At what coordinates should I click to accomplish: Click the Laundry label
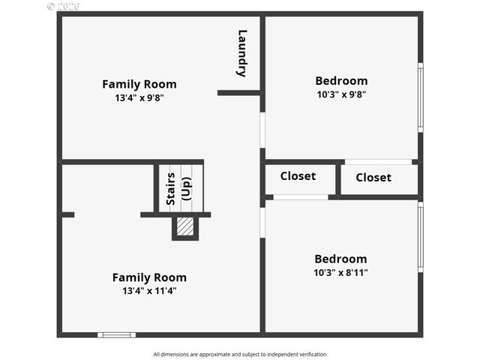coord(241,52)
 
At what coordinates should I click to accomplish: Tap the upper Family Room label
coord(139,84)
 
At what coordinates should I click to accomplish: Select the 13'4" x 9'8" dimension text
coord(139,97)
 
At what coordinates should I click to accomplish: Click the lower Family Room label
coord(149,277)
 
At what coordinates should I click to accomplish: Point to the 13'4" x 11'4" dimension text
coord(149,291)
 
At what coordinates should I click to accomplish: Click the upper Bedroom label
coord(341,81)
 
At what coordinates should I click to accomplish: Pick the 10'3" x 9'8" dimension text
coord(341,94)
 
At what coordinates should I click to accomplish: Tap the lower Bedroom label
coord(340,259)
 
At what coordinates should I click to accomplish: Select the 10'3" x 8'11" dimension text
coord(340,272)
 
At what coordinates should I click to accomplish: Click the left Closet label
coord(298,176)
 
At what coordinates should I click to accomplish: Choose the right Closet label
coord(373,178)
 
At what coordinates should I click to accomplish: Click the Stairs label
coord(171,188)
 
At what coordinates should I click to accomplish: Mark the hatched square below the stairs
coord(184,226)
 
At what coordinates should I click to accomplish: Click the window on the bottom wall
coord(116,334)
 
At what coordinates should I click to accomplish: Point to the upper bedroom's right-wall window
coord(420,97)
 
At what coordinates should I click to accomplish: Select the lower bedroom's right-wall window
coord(420,236)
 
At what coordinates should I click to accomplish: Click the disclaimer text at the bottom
coord(240,354)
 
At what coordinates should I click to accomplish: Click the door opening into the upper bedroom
coord(262,130)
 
